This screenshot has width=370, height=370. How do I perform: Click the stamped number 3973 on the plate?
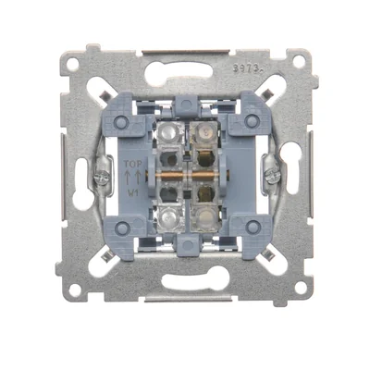point(243,68)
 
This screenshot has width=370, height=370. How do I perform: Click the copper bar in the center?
point(186,174)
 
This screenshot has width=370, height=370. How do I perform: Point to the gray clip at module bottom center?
point(186,243)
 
